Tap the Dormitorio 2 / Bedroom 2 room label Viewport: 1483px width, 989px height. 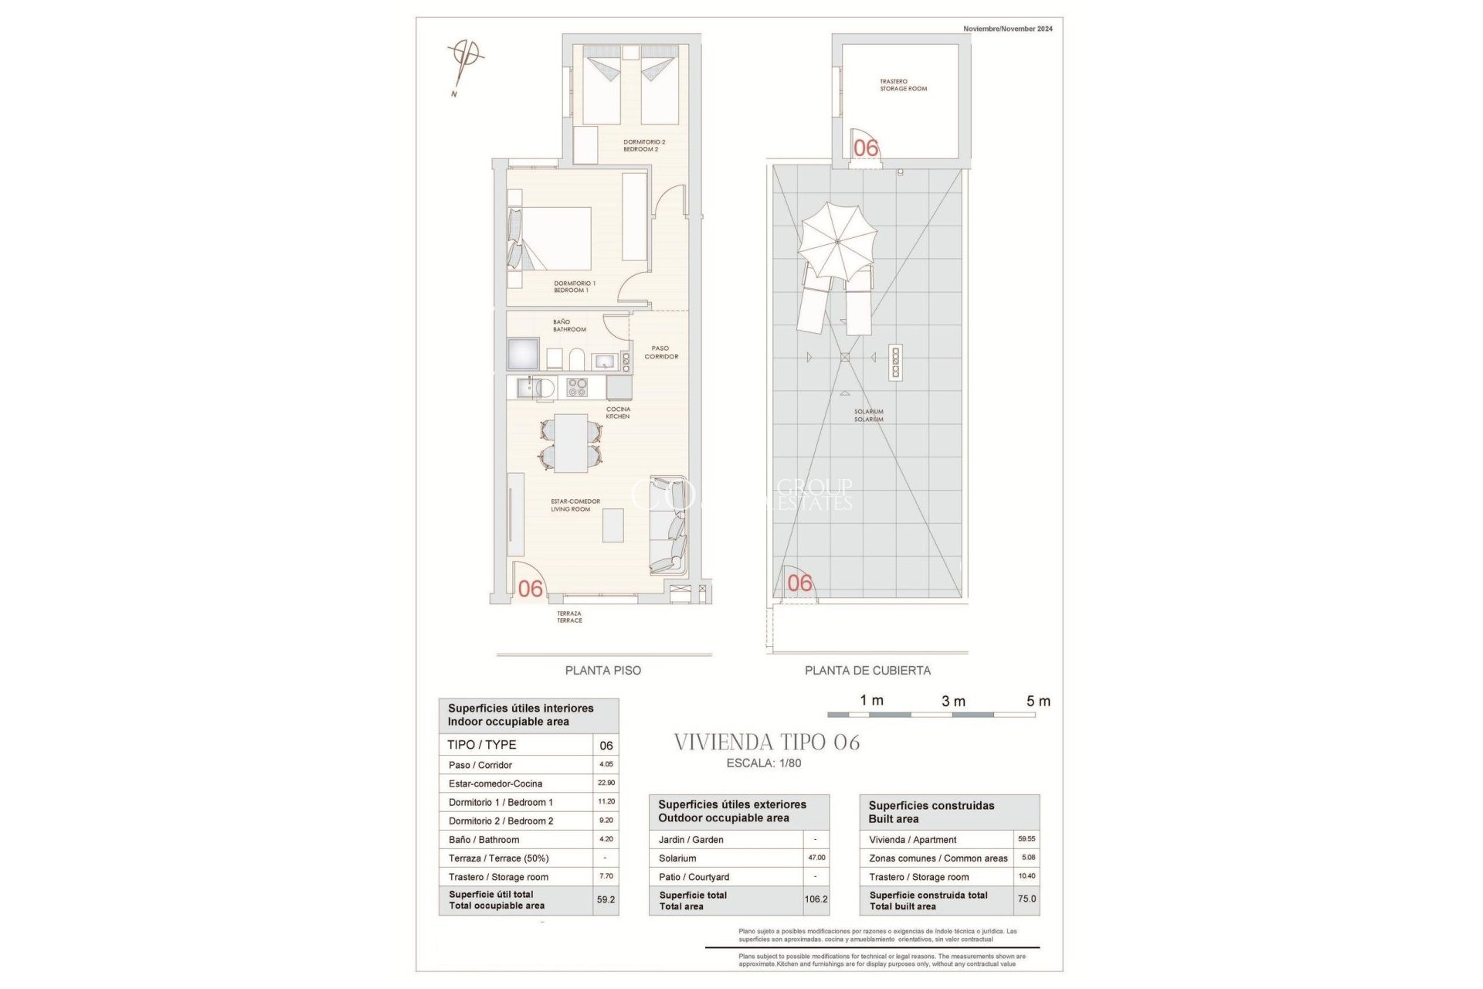[x=643, y=145]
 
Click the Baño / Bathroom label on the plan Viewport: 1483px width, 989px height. [x=568, y=325]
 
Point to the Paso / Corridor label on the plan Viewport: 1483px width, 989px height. [x=661, y=352]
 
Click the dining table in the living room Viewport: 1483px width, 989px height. [x=571, y=443]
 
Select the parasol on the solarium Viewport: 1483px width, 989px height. [x=838, y=241]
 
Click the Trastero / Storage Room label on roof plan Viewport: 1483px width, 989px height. [x=903, y=85]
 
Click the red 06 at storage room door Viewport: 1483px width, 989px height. [x=866, y=148]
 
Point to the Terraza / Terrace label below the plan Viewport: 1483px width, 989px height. [x=569, y=617]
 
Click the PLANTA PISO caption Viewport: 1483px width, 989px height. [x=602, y=671]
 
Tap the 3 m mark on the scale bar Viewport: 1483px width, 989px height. [x=953, y=702]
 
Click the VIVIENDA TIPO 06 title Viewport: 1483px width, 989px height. [x=766, y=743]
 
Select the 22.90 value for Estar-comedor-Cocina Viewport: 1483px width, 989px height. [x=606, y=783]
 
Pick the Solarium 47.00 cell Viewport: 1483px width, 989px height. [x=816, y=858]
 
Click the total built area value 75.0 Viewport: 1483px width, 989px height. [x=1027, y=899]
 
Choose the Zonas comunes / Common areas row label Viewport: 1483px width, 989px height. [x=938, y=858]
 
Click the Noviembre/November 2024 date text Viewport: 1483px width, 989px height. [x=1007, y=29]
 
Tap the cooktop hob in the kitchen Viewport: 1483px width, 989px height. [x=577, y=387]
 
